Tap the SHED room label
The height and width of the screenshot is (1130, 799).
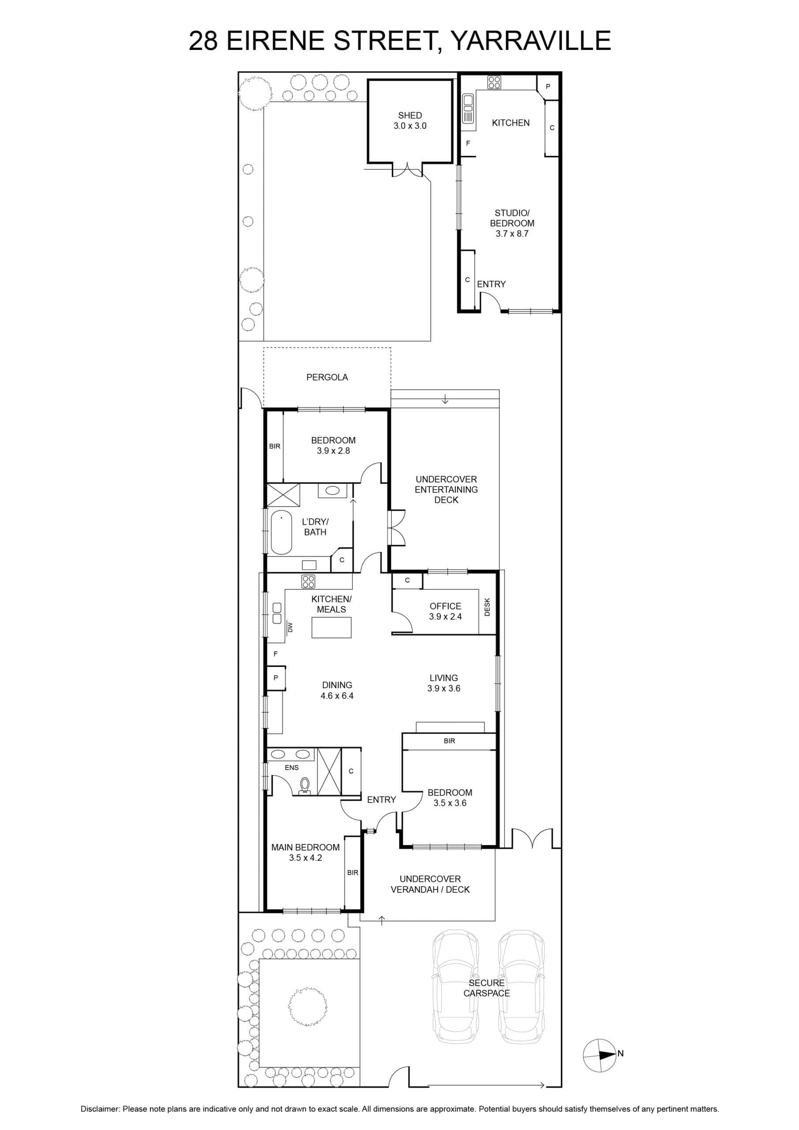(410, 115)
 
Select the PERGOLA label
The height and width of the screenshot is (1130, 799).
(327, 377)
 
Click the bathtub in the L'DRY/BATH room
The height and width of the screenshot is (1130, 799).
(281, 532)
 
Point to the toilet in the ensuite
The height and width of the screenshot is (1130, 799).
(305, 786)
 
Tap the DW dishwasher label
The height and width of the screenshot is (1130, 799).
(290, 627)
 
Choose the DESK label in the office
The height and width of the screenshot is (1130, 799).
(487, 607)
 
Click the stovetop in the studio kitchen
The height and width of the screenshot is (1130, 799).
(495, 82)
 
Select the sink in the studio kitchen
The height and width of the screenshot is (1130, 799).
(468, 108)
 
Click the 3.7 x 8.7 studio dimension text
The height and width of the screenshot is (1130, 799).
(512, 234)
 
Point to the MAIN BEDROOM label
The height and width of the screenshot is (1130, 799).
(305, 847)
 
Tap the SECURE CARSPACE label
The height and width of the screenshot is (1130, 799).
(487, 988)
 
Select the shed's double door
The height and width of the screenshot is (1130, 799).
(407, 170)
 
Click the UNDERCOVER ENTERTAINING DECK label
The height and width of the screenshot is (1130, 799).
(446, 489)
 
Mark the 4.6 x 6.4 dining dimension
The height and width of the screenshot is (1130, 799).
(337, 695)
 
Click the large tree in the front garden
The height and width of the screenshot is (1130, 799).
(308, 1006)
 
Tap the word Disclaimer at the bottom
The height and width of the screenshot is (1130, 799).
(100, 1109)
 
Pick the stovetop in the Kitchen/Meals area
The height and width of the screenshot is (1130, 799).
(308, 581)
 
